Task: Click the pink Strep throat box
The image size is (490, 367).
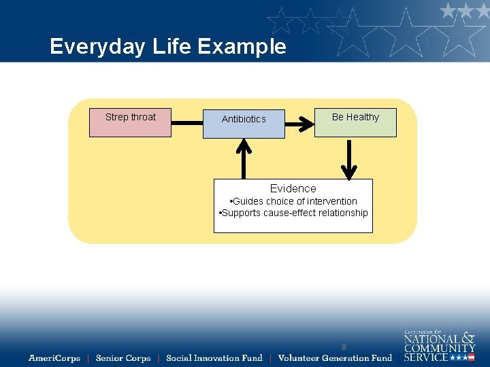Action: point(130,123)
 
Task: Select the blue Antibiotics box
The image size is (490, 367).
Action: point(244,124)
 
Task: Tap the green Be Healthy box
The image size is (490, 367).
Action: point(355,122)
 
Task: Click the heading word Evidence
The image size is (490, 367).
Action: point(293,188)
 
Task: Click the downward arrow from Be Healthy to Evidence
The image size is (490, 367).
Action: point(348,158)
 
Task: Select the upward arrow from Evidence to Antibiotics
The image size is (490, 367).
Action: point(244,158)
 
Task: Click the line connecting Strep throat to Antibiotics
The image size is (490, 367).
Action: point(186,124)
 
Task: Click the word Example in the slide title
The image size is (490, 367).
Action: point(242,46)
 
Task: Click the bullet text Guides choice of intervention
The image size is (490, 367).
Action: point(294,201)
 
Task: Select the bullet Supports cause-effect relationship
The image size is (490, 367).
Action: point(293,213)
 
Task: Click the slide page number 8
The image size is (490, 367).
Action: point(344,347)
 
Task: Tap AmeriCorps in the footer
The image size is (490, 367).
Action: point(54,358)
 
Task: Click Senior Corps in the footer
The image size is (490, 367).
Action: point(123,358)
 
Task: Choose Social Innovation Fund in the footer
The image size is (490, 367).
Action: point(214,358)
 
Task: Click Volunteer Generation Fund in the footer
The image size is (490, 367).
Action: point(335,358)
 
